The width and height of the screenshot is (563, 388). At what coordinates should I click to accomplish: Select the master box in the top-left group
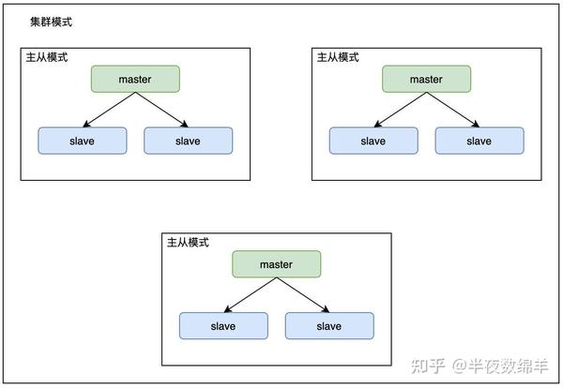click(x=135, y=79)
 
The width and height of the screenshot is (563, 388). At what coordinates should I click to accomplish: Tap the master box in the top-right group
click(x=426, y=79)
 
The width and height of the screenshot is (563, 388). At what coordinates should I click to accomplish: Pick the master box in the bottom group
click(x=276, y=264)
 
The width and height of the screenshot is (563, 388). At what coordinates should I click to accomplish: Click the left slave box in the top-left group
click(x=82, y=141)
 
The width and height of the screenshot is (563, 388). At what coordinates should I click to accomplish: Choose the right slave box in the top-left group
click(x=188, y=141)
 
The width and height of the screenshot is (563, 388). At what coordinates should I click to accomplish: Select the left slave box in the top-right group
click(x=373, y=141)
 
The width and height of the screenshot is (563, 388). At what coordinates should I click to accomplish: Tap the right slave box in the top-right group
click(x=479, y=141)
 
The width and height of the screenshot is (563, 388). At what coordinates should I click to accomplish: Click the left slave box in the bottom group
click(x=223, y=326)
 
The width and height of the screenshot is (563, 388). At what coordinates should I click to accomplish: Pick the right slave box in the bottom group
click(x=328, y=326)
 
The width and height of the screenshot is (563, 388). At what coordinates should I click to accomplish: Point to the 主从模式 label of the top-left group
click(x=47, y=57)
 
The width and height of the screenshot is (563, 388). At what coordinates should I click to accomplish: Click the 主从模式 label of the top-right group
click(x=338, y=57)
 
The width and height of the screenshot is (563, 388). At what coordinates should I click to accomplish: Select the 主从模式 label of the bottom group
click(x=188, y=242)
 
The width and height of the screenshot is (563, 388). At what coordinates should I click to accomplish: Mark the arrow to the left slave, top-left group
click(x=108, y=110)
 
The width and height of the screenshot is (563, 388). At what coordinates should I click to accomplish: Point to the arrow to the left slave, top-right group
click(x=399, y=110)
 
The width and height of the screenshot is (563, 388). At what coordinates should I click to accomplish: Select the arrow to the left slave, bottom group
click(x=250, y=295)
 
